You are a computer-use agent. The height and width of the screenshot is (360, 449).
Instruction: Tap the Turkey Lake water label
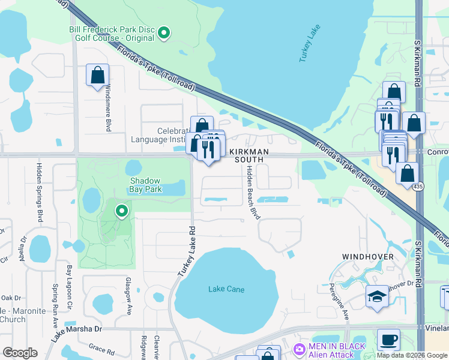310,44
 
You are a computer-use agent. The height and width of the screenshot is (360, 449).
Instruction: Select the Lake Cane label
226,289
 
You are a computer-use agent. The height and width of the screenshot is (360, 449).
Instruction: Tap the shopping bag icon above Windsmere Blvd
97,76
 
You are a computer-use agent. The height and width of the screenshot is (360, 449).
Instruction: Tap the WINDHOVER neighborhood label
368,257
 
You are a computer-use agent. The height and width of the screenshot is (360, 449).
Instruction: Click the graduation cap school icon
377,296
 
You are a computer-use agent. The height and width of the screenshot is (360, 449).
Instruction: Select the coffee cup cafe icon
388,339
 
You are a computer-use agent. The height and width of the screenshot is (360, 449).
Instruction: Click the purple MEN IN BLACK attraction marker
300,349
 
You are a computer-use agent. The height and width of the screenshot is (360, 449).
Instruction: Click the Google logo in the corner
20,353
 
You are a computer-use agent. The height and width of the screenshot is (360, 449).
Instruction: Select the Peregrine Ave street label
345,307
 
